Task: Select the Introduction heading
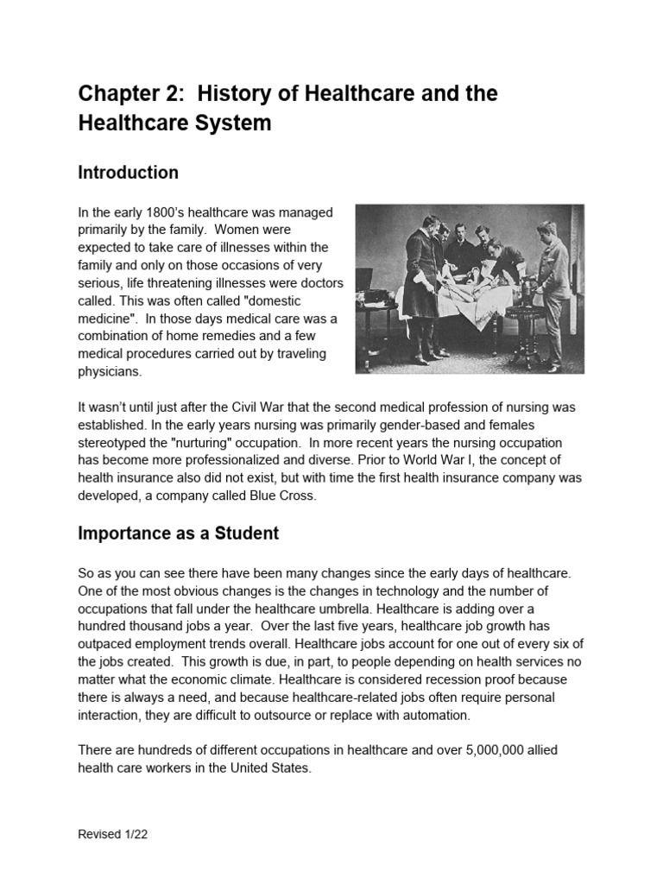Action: (128, 173)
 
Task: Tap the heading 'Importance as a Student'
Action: (178, 534)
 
